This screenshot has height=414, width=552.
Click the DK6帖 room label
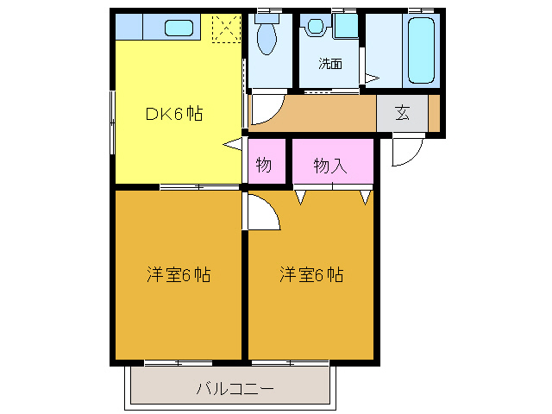pos(173,113)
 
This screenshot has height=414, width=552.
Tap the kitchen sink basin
pos(179,28)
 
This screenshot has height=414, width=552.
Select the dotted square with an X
pos(226,28)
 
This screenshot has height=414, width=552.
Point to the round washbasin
pos(316,27)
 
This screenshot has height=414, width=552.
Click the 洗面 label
pos(329,63)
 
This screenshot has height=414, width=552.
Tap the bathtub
pos(423,50)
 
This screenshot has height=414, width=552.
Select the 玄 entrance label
pos(403,113)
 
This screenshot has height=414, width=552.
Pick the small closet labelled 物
pos(264,164)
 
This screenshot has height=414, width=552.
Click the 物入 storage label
pos(330,165)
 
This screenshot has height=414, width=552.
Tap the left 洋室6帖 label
pos(179,275)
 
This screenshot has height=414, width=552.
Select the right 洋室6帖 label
pos(311,275)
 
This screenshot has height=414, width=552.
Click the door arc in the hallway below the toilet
pos(265,110)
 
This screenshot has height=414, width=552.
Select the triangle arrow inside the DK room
pos(233,145)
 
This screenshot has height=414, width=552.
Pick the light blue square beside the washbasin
pos(346,26)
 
